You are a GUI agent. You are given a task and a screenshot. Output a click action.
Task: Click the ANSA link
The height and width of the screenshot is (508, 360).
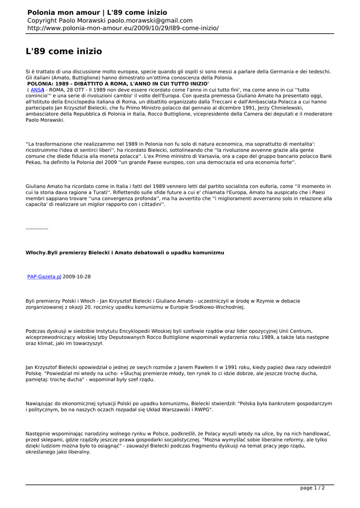(x=37, y=90)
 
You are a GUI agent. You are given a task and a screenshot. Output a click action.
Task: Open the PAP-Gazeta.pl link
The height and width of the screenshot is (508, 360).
(x=44, y=276)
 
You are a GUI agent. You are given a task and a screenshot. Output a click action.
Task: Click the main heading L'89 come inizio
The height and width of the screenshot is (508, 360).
(x=64, y=51)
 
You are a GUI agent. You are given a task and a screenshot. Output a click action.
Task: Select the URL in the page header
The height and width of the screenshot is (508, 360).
(x=123, y=28)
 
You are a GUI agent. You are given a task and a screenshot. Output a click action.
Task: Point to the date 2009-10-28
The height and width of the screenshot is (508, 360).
(x=77, y=276)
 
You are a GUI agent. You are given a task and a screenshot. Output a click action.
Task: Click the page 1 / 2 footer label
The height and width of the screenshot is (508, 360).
(x=312, y=488)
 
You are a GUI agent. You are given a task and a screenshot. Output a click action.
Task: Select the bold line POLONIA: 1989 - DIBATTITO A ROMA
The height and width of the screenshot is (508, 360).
(x=118, y=84)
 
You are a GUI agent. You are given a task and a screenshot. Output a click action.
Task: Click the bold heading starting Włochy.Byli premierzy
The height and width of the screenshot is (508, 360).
(x=125, y=253)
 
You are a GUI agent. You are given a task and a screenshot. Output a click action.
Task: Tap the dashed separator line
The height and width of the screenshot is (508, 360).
(x=37, y=228)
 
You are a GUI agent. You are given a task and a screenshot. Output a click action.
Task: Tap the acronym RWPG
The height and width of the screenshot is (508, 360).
(x=202, y=410)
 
